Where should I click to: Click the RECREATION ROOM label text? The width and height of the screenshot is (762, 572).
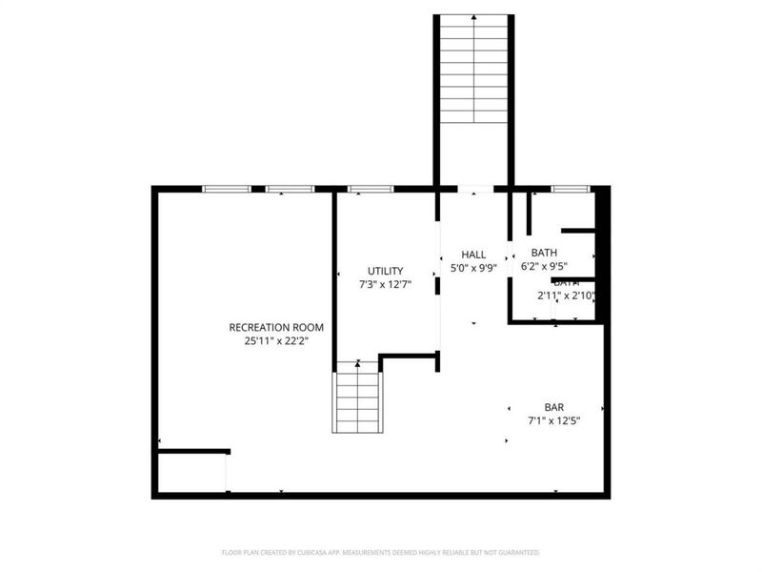pyautogui.click(x=270, y=327)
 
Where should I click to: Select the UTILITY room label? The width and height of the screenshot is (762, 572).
pyautogui.click(x=386, y=271)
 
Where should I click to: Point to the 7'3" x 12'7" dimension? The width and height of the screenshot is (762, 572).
pyautogui.click(x=386, y=284)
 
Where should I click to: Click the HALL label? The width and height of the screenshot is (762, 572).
pyautogui.click(x=473, y=255)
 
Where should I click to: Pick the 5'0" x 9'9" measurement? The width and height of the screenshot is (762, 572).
pyautogui.click(x=473, y=268)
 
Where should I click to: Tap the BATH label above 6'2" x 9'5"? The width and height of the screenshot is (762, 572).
pyautogui.click(x=545, y=253)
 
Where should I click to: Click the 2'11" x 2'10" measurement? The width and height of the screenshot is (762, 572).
pyautogui.click(x=566, y=296)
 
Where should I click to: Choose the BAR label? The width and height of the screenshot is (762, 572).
pyautogui.click(x=554, y=406)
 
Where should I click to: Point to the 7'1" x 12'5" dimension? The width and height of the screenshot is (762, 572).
pyautogui.click(x=554, y=419)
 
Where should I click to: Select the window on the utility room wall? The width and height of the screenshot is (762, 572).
pyautogui.click(x=371, y=189)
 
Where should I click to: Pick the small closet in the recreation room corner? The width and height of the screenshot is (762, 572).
pyautogui.click(x=191, y=473)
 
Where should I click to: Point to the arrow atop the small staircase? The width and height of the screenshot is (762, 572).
pyautogui.click(x=357, y=363)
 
